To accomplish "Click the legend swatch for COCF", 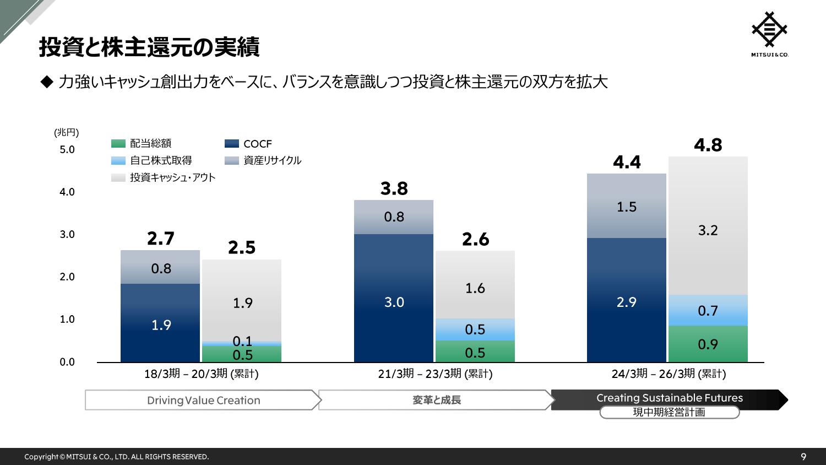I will [x=232, y=144].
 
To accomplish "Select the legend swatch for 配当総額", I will [x=118, y=144].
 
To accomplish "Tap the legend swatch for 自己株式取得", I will [x=118, y=161].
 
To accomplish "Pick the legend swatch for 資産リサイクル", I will [x=232, y=161].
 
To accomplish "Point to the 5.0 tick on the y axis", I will [x=67, y=150].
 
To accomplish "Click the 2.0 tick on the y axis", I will [x=67, y=277].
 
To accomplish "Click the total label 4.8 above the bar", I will [x=708, y=145].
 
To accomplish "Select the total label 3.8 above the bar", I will [x=394, y=188].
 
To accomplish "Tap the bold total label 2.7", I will [x=161, y=239].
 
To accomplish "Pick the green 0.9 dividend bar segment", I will [x=708, y=344].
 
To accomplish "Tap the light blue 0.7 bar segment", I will [x=708, y=310].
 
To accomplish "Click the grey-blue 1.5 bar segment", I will [x=626, y=206].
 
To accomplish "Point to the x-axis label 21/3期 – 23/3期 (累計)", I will [x=435, y=374].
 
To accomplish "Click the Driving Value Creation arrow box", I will [x=203, y=401].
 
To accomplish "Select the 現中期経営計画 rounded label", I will [x=669, y=412].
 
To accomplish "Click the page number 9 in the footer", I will [x=803, y=457].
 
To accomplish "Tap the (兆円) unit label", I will [x=67, y=132].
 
